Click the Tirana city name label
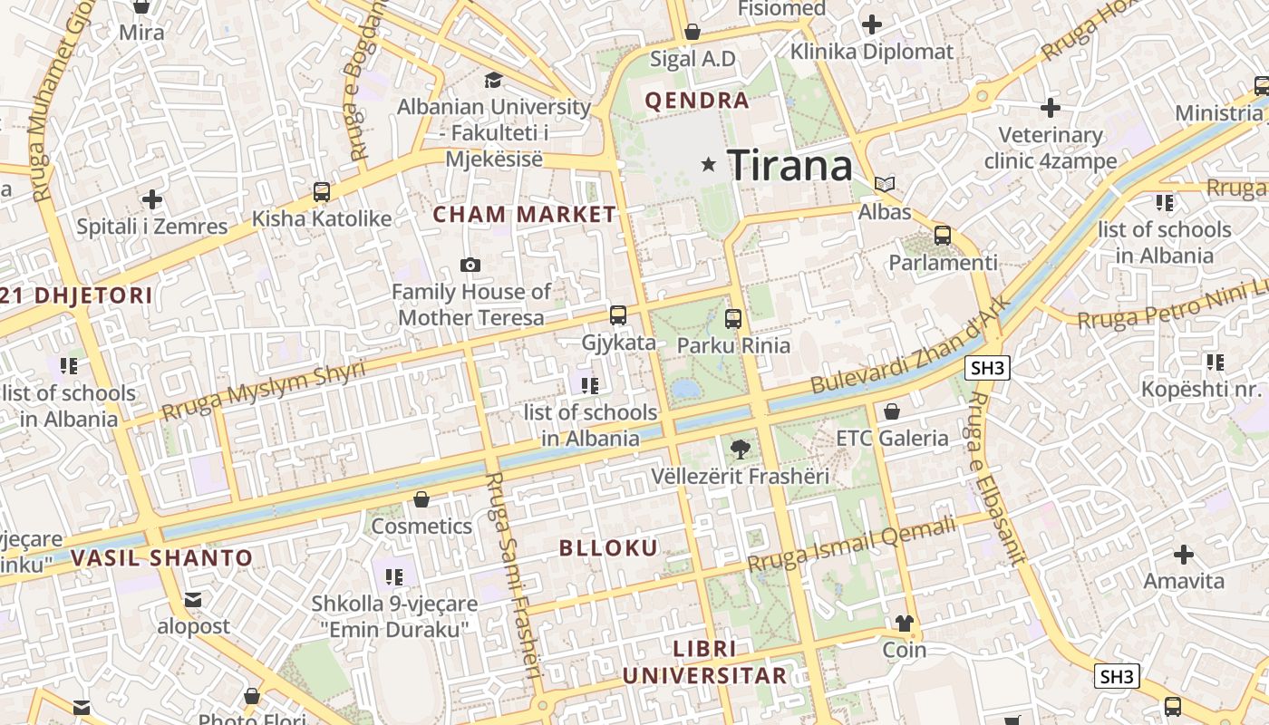(x=789, y=165)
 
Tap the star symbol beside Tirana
(x=709, y=165)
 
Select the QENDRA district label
(x=697, y=101)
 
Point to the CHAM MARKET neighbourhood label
(x=524, y=215)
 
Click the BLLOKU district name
(x=608, y=547)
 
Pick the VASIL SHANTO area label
(x=161, y=557)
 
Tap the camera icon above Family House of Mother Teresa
(x=470, y=265)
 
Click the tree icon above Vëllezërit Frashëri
(x=740, y=449)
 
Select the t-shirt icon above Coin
(x=904, y=623)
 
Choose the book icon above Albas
(x=885, y=185)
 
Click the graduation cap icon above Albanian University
(x=494, y=81)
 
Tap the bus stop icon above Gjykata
(x=618, y=315)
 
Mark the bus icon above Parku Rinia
(x=733, y=319)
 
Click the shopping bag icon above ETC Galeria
(x=892, y=411)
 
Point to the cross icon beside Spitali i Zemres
(x=152, y=199)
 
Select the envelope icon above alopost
(x=193, y=599)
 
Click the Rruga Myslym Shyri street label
(x=263, y=390)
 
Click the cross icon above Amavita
(x=1184, y=554)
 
